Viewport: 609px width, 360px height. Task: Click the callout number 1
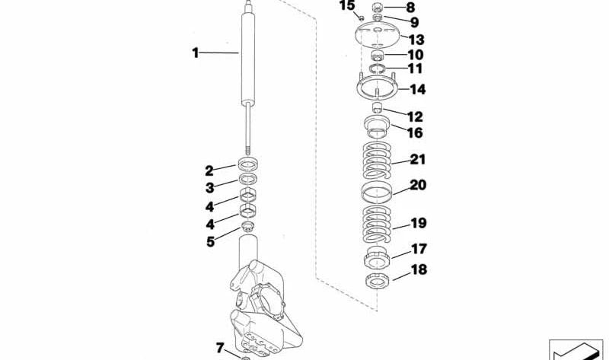[195, 53]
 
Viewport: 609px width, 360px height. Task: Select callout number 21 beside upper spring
[418, 160]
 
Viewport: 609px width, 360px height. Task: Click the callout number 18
[418, 269]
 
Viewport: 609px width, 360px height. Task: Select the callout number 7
[219, 348]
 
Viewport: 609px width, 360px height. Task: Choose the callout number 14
[418, 90]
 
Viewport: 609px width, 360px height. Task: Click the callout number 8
[411, 8]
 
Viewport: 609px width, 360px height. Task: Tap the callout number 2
[209, 170]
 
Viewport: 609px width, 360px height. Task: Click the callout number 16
[414, 132]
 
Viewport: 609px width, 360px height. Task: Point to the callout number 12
[414, 116]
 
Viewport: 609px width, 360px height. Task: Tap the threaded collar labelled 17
[378, 256]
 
